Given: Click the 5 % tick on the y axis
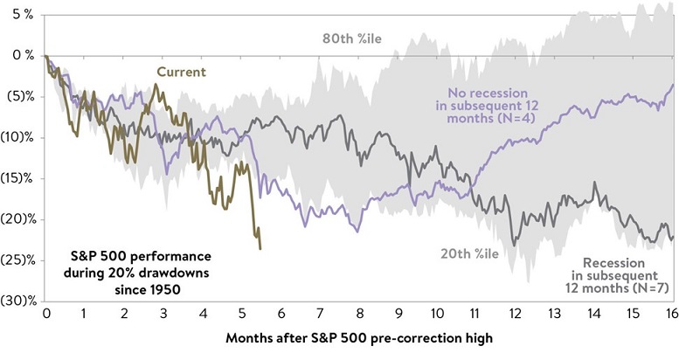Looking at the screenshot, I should pos(18,14).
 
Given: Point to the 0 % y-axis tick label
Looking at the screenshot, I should pos(18,55).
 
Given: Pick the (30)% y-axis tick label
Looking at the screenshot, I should pos(17,301).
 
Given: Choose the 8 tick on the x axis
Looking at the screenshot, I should pos(357,314).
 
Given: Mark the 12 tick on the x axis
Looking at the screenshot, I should pos(515,314).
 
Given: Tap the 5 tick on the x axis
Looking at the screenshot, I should pos(241,314).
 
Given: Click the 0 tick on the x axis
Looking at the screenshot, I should pos(45,314).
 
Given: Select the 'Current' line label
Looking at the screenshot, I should pos(181,72).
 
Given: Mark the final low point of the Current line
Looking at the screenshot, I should pos(260,249).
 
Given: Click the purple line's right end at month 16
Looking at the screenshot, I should pos(672,85).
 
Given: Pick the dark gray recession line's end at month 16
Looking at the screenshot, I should pos(672,237).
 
